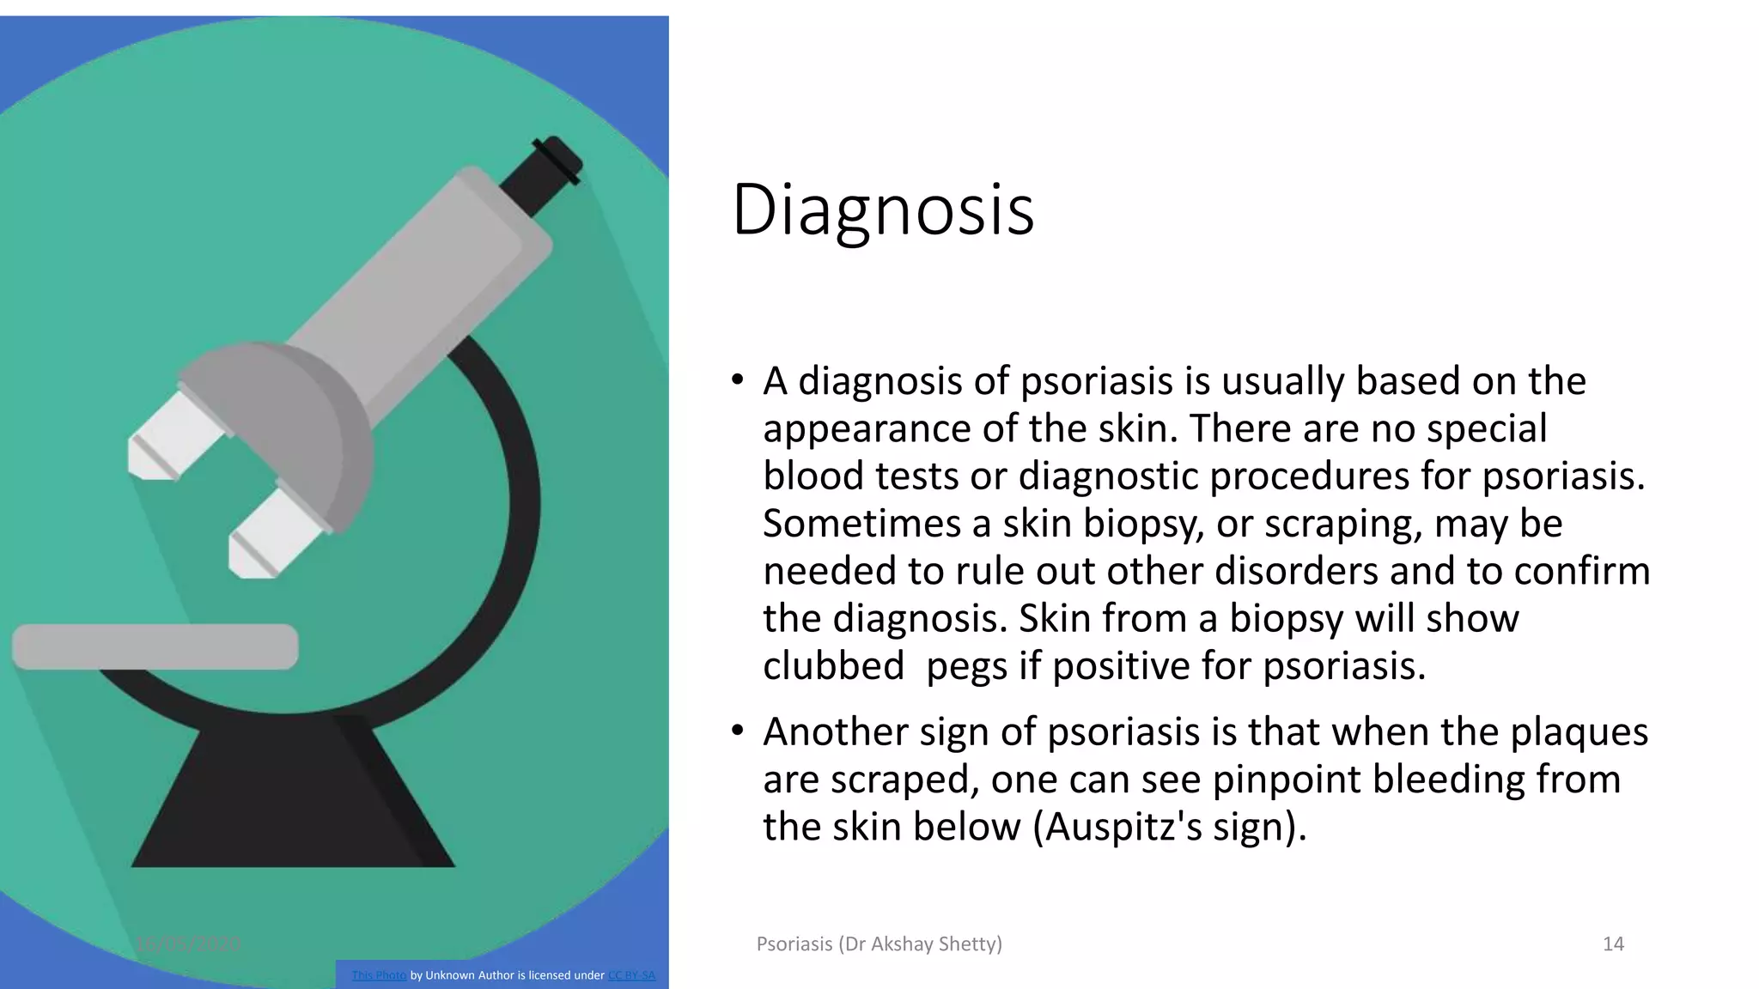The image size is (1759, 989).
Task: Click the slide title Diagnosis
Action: click(x=882, y=209)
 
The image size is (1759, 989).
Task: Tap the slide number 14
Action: click(x=1613, y=944)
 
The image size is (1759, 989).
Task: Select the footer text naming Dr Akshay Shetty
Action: click(x=879, y=944)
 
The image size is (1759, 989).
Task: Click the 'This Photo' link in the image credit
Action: click(x=379, y=975)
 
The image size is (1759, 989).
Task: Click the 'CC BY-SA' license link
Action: click(x=631, y=975)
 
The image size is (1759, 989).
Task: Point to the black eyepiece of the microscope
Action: click(x=541, y=175)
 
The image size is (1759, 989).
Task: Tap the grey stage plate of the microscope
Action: click(x=155, y=646)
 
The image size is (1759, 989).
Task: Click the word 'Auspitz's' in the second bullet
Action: click(x=1125, y=827)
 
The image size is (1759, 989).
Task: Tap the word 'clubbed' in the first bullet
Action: click(x=833, y=666)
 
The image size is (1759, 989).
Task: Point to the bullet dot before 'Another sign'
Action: click(x=737, y=731)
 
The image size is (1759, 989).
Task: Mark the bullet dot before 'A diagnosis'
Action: click(x=737, y=380)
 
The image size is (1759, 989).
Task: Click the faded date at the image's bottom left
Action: click(x=188, y=944)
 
